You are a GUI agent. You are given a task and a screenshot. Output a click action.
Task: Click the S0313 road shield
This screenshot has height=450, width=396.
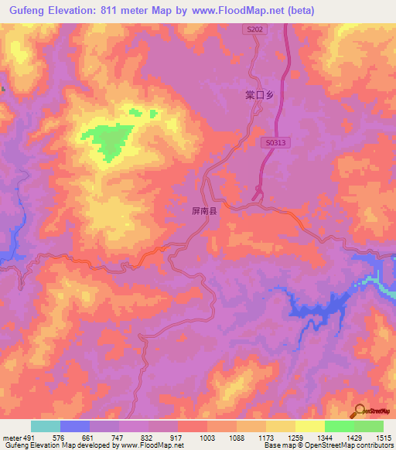(x=275, y=142)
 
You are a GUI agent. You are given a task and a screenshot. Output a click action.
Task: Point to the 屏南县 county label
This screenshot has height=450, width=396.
(x=204, y=210)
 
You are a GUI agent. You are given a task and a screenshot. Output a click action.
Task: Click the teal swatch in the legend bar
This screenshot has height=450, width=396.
(x=45, y=426)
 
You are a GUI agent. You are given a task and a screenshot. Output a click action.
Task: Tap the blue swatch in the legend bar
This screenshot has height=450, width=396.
(x=74, y=426)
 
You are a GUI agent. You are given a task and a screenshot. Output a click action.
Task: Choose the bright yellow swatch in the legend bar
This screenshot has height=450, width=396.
(x=310, y=426)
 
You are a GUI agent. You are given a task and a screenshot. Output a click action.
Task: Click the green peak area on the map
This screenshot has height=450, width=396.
(x=108, y=140)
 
